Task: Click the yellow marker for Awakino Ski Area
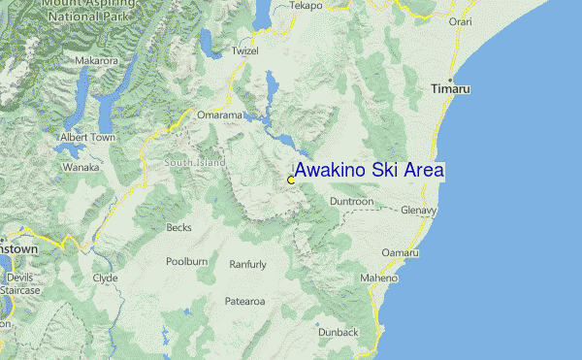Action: coord(291,180)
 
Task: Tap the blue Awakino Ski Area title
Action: coord(370,170)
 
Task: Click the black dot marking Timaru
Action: coord(450,78)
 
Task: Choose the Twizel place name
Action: coord(246,50)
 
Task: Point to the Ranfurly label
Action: coord(247,264)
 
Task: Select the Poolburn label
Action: coord(187,262)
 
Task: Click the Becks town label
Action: coord(178,228)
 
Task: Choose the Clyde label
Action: coord(105,278)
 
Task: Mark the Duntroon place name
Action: coord(351,201)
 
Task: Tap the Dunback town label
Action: coord(338,332)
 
